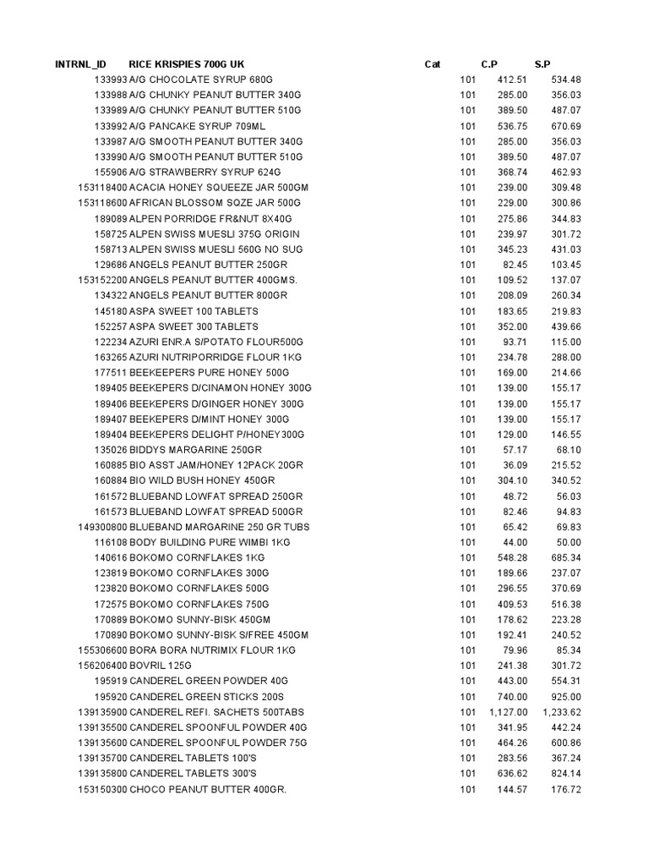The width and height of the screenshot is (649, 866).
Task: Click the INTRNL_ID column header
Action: click(x=81, y=64)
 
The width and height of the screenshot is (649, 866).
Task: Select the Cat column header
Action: click(x=433, y=64)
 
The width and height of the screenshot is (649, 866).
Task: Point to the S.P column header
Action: click(x=543, y=64)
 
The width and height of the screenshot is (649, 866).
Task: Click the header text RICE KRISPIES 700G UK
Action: click(x=187, y=64)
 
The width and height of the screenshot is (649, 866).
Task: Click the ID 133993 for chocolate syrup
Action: click(x=111, y=79)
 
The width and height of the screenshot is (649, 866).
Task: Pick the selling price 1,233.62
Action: click(x=559, y=712)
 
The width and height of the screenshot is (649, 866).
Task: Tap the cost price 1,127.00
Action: click(x=508, y=712)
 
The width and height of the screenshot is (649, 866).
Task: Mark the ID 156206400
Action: click(x=102, y=666)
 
